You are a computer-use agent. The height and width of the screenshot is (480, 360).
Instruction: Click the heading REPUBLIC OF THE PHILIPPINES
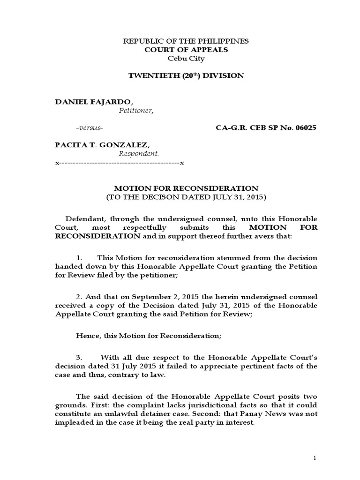coord(186,41)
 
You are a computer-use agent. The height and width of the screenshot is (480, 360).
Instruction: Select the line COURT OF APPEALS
coord(186,50)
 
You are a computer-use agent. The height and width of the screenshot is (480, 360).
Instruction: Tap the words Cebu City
coord(186,59)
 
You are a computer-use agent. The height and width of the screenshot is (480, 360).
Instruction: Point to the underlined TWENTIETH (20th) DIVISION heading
coord(186,75)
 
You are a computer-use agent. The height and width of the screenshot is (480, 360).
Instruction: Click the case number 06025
coord(300,128)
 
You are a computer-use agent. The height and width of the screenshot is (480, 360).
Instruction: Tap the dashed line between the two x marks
coord(120,163)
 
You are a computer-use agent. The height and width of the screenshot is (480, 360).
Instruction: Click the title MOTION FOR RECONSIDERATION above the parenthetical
coord(186,188)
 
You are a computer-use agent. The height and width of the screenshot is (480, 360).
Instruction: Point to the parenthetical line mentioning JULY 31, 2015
coord(186,197)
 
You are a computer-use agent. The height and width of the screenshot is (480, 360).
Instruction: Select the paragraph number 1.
coord(79,258)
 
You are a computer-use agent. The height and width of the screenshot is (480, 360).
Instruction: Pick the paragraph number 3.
coord(79,357)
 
